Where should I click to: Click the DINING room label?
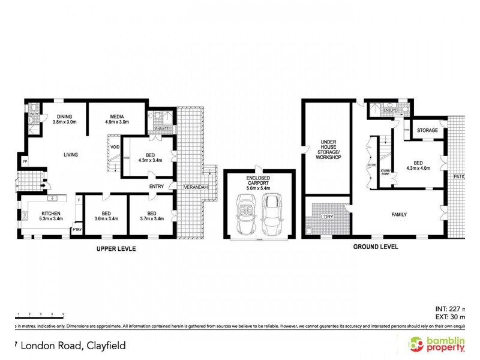64,116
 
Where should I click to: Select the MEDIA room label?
116,116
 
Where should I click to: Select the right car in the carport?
273,214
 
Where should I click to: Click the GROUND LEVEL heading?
376,247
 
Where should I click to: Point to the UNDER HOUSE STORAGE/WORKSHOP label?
328,149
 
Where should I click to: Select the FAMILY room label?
399,214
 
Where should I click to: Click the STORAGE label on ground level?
427,130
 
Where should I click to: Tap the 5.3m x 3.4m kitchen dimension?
51,219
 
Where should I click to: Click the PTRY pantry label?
77,229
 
